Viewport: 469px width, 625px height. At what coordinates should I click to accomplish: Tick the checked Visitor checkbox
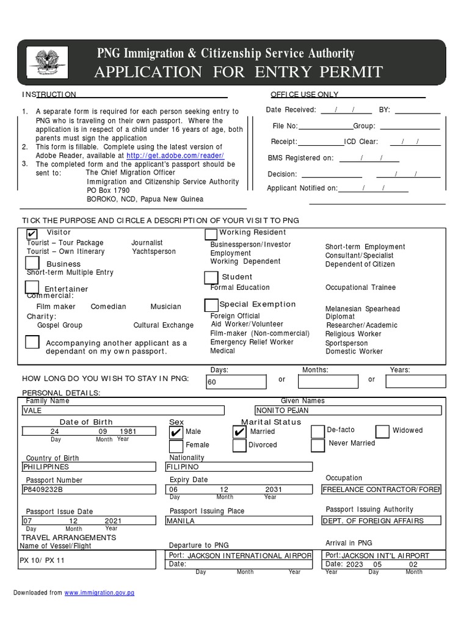point(32,234)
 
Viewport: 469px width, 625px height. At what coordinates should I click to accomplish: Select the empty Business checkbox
point(33,262)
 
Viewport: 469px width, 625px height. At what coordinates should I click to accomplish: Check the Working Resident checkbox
point(211,234)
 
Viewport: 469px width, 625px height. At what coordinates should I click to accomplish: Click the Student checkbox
point(211,278)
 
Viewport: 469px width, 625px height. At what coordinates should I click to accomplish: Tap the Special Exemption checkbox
point(211,305)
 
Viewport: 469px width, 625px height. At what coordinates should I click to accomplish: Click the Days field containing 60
point(236,382)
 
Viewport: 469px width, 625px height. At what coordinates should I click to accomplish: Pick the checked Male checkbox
point(176,432)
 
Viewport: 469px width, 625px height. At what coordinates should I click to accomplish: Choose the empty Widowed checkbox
point(382,432)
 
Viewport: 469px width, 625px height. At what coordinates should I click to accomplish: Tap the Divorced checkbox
point(239,446)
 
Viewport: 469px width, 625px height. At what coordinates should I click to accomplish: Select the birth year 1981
point(128,431)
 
